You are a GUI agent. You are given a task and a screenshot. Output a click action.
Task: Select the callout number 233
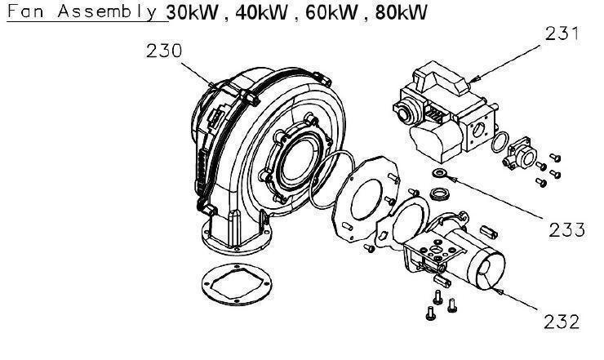pyautogui.click(x=566, y=229)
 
